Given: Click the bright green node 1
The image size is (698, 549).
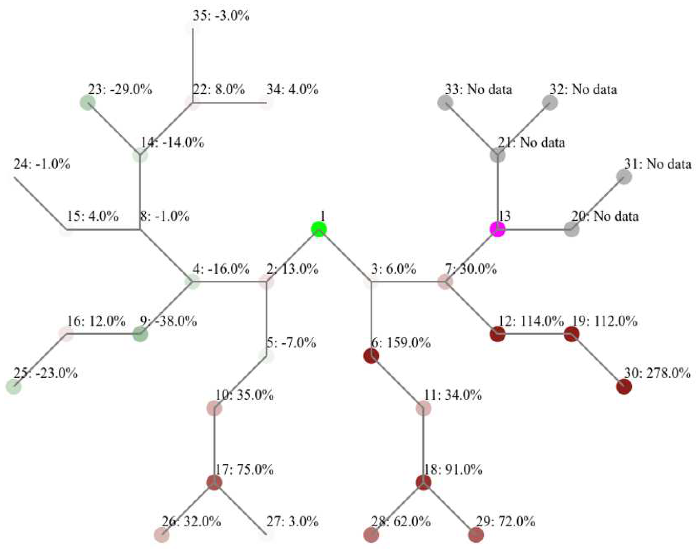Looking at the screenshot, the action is tap(319, 229).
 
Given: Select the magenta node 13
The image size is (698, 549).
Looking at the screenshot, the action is tap(497, 229).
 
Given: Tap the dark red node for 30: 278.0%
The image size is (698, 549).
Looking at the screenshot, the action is tap(624, 386).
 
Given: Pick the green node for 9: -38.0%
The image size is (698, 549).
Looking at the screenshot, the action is tap(140, 334).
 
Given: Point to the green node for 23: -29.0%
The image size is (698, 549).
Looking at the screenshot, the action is tap(88, 103).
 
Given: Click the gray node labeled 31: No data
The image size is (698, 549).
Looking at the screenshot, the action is tap(624, 177).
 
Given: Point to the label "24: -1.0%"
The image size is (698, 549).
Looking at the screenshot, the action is tap(42, 165).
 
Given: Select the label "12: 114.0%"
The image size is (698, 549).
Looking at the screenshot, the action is tap(531, 321).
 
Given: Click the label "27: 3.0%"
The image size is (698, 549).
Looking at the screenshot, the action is tap(292, 521).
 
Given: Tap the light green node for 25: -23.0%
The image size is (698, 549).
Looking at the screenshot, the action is tap(14, 386).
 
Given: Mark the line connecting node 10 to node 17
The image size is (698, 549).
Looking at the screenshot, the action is tap(214, 445).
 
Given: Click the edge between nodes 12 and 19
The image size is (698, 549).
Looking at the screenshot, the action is tap(535, 334).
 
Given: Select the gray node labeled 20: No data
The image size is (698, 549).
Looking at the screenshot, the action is tap(571, 229).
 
